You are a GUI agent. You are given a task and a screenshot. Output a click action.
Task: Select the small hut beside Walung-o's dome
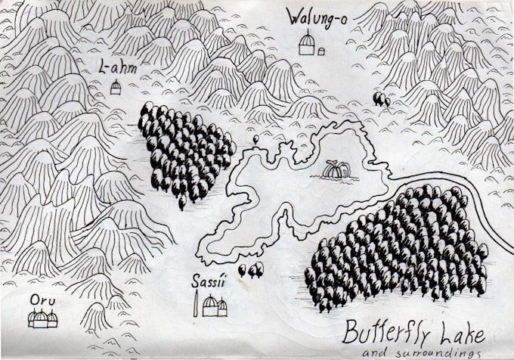(321, 51)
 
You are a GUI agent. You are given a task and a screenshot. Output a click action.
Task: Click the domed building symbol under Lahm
(116, 88)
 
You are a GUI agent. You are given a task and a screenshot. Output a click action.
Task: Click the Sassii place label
(209, 284)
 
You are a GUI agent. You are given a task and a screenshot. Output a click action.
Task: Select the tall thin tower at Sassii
(198, 305)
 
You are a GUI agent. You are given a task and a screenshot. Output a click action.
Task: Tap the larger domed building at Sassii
(210, 306)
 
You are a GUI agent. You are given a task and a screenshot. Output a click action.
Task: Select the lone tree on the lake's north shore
(257, 139)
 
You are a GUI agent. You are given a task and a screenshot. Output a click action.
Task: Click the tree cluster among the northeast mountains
(381, 98)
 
